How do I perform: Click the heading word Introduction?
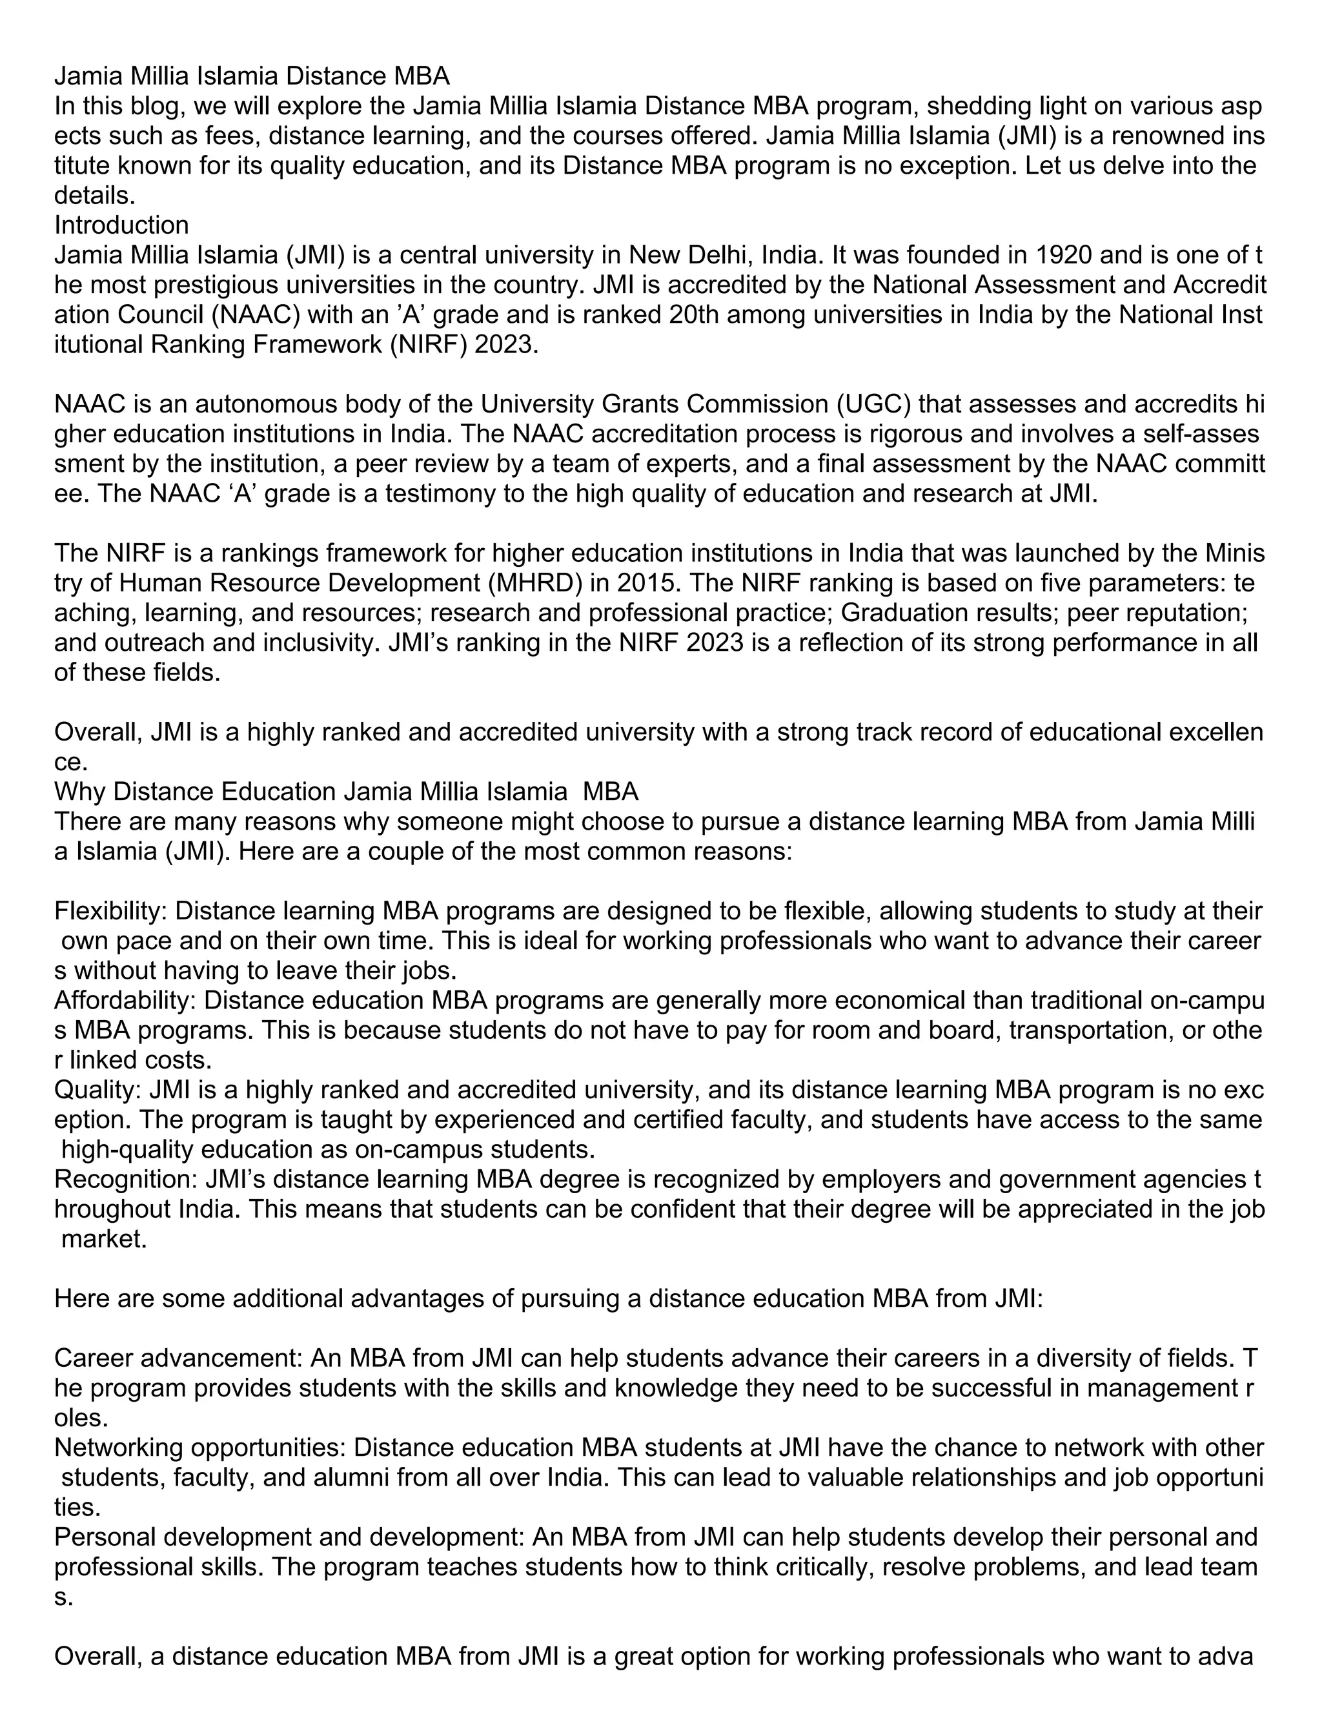click(x=121, y=225)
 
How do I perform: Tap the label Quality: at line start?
click(x=98, y=1091)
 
